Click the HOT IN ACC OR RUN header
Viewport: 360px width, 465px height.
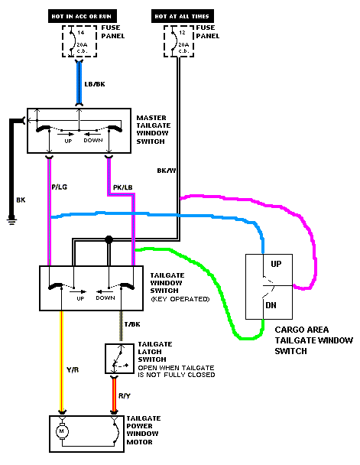(83, 16)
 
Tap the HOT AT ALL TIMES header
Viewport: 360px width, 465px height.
(182, 16)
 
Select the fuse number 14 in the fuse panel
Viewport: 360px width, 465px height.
(81, 33)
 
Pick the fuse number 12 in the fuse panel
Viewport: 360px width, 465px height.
(182, 33)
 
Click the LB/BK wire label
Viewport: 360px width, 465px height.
(95, 84)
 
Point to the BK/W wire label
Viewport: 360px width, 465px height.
(167, 171)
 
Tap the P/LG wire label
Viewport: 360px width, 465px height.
(60, 187)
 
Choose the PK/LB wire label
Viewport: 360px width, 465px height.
(122, 187)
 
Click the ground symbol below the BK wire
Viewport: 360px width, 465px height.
(11, 221)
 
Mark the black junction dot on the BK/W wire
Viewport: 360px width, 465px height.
(109, 239)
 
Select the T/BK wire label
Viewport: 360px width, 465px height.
(132, 324)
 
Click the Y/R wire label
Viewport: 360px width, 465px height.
(73, 370)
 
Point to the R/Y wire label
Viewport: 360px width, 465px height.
(125, 395)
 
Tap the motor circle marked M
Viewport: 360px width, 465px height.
(62, 431)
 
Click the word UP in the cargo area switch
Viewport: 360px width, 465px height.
(276, 264)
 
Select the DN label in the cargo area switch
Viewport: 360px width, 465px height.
(271, 305)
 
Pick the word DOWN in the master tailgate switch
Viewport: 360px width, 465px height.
(93, 140)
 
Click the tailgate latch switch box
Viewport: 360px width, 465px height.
(120, 359)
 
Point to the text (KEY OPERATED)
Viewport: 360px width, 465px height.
(180, 299)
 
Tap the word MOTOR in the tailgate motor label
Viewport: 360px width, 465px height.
(140, 442)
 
